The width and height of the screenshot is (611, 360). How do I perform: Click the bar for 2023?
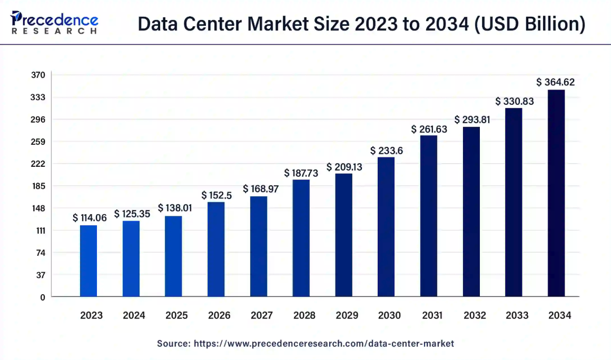point(88,261)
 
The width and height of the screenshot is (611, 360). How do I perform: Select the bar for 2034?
point(556,193)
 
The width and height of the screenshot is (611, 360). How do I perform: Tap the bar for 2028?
point(301,238)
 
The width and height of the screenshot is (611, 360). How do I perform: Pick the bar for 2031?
point(429,216)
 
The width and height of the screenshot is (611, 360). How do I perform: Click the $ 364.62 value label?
point(556,82)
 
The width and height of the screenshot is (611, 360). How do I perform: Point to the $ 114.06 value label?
point(90,217)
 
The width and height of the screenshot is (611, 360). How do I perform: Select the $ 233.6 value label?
point(387,151)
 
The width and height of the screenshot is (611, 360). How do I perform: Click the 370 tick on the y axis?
point(38,75)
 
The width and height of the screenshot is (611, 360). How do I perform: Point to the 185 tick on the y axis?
point(38,186)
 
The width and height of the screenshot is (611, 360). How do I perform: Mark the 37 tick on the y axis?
point(41,275)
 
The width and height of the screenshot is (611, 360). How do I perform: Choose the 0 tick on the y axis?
point(43,297)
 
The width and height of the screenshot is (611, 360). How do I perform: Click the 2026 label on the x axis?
point(219,316)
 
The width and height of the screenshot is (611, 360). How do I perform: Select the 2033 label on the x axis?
point(517,316)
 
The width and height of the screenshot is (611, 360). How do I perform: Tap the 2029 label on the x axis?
point(347,316)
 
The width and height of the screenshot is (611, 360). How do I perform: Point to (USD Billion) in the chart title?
point(530,25)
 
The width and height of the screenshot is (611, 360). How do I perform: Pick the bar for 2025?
point(173,256)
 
